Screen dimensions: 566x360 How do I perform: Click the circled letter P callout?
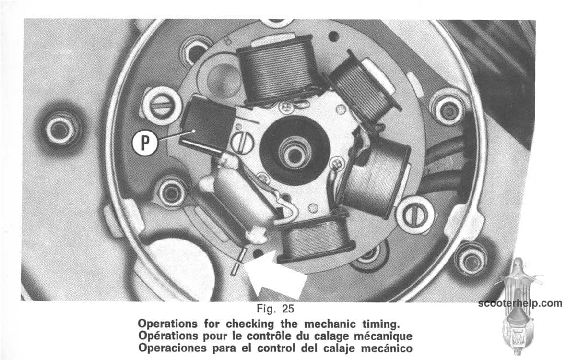[x=145, y=143]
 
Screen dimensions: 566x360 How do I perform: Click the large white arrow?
[x=274, y=274]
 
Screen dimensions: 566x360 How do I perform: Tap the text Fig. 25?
[x=275, y=309]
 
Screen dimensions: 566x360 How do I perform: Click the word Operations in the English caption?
[x=168, y=323]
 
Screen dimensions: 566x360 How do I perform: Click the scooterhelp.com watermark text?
[x=520, y=303]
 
